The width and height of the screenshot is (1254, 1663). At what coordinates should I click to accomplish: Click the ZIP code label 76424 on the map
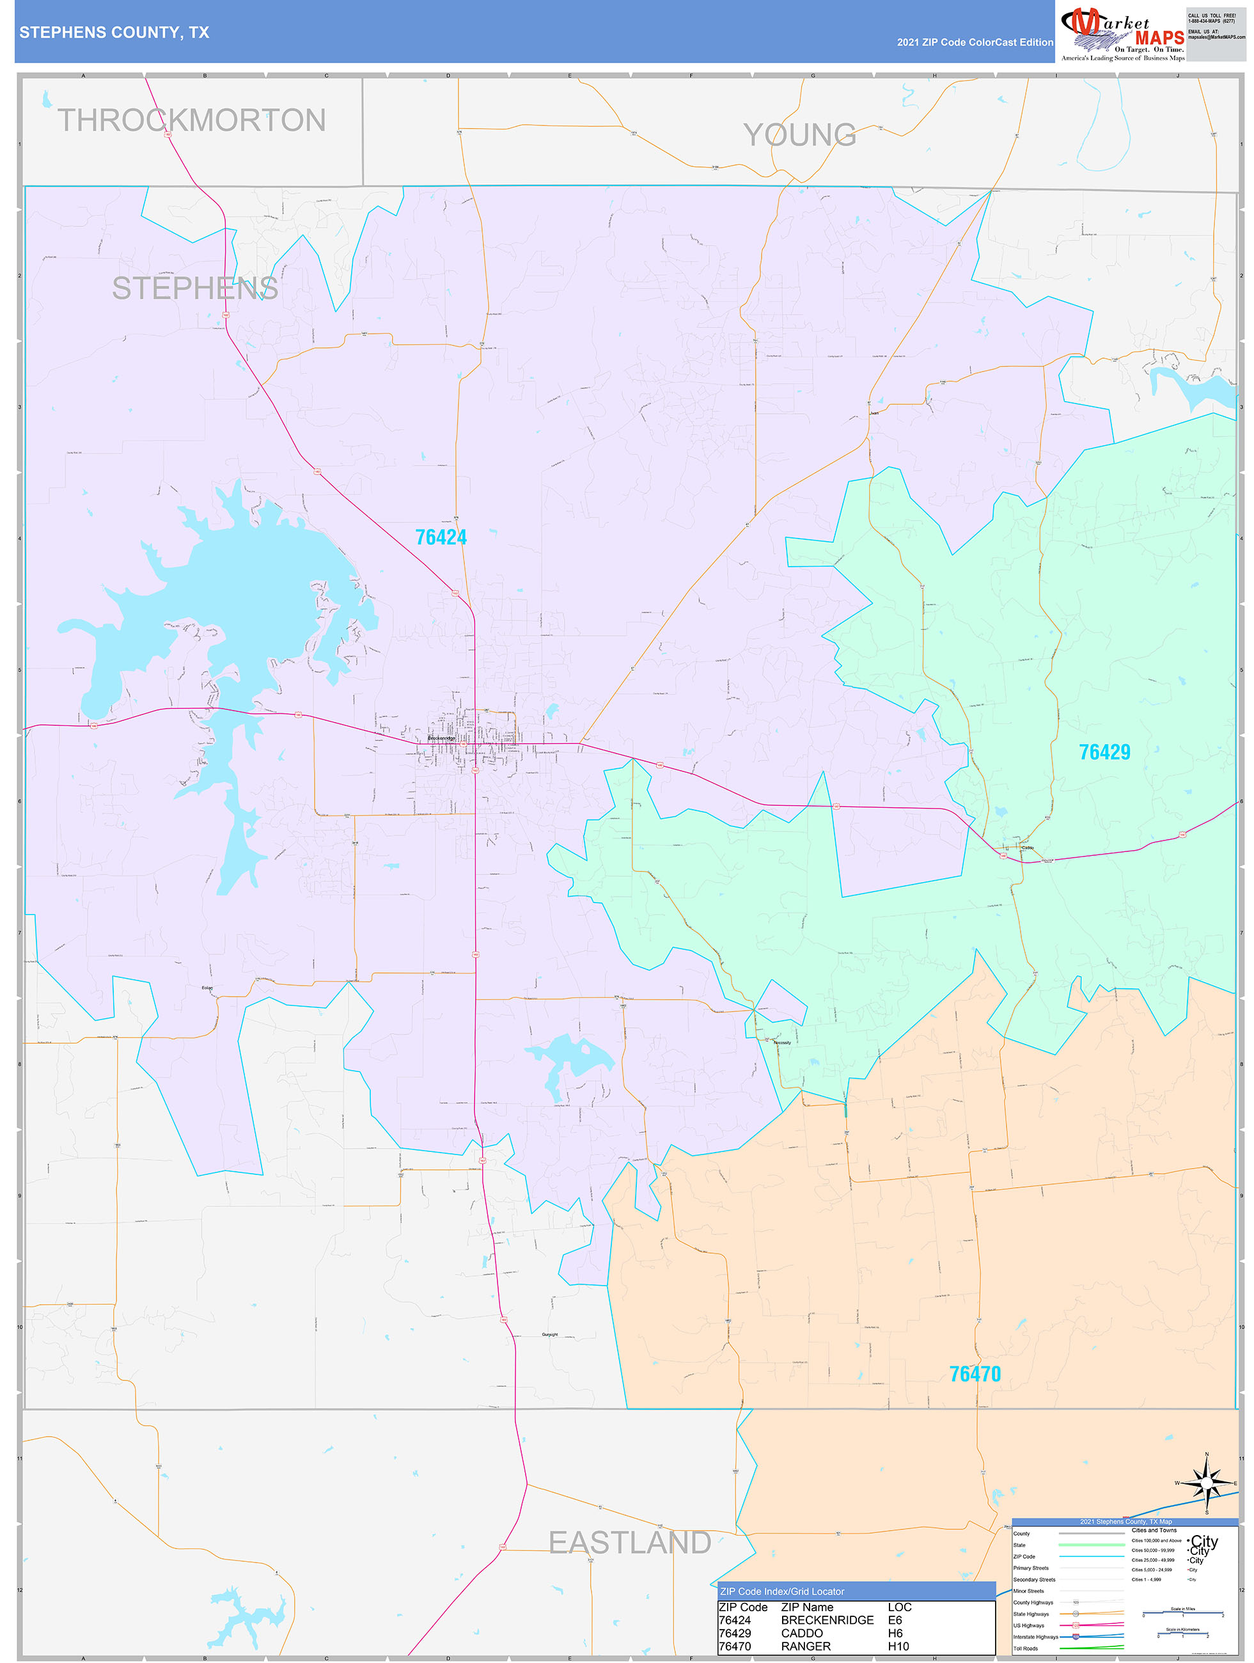tap(441, 537)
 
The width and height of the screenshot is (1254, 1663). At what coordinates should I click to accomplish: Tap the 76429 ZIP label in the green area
tap(1104, 752)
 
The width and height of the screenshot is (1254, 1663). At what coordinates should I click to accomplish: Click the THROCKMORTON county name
tap(192, 120)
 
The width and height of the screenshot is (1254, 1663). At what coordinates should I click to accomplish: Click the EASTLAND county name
tap(629, 1543)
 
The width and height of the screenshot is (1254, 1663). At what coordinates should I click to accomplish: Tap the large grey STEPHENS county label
tap(194, 288)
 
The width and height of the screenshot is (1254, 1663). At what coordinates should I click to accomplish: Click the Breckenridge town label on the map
tap(441, 738)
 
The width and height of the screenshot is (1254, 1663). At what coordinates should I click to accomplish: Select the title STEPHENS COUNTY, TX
tap(114, 33)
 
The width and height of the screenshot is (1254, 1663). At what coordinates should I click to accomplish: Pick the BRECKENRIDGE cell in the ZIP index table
tap(827, 1620)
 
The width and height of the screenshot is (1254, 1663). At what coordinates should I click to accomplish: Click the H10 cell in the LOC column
tap(898, 1646)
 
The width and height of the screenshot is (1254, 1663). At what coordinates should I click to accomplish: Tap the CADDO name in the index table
tap(801, 1633)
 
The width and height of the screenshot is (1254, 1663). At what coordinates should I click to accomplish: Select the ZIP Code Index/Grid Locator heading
tap(782, 1591)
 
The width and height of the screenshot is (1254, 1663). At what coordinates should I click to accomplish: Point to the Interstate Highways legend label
tap(1035, 1637)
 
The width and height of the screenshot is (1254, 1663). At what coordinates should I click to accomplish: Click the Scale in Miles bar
tap(1182, 1613)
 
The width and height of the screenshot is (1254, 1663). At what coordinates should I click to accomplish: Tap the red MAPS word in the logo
tap(1159, 38)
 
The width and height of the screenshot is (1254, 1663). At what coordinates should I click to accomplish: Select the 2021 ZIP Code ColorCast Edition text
tap(975, 42)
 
